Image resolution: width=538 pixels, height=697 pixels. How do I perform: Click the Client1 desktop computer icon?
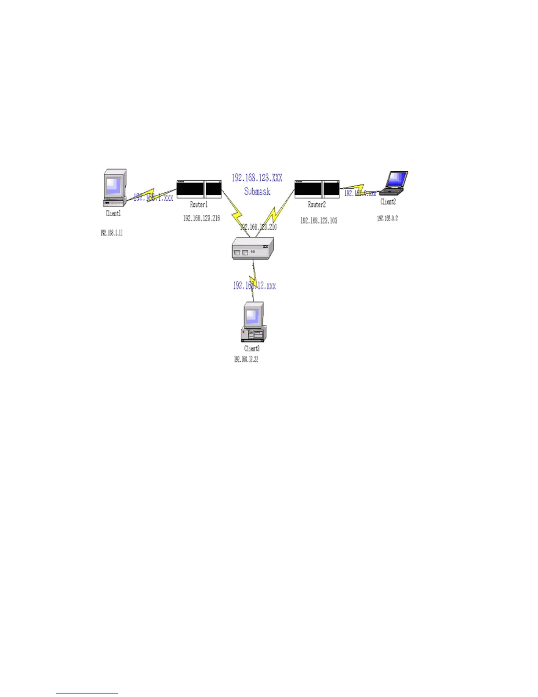tap(115, 187)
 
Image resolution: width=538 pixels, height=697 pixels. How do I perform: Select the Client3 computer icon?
tap(253, 322)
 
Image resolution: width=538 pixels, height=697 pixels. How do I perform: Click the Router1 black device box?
tap(199, 189)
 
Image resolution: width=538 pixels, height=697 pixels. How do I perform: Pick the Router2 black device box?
tap(317, 189)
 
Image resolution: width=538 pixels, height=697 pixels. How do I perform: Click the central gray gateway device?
tap(253, 248)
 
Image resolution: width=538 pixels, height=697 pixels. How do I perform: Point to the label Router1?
tap(199, 205)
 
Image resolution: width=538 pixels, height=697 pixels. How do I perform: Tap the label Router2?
tap(317, 205)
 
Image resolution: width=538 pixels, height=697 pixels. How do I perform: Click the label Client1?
tap(113, 213)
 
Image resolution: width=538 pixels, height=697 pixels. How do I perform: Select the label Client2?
tap(388, 202)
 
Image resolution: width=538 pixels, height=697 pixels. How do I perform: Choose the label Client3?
tap(252, 348)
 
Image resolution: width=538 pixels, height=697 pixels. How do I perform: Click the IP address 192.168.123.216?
tap(202, 218)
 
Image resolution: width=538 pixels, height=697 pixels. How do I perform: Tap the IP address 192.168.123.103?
tap(319, 220)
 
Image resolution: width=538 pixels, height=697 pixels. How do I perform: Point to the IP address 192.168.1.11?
tap(112, 233)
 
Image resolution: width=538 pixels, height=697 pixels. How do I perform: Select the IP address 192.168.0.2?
tap(387, 218)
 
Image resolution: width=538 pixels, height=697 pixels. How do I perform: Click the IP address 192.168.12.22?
tap(246, 360)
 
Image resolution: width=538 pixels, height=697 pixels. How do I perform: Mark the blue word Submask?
tap(257, 191)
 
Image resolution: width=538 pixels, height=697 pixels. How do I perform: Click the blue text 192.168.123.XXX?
tap(257, 178)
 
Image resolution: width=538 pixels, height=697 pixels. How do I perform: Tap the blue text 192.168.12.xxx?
tap(254, 286)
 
